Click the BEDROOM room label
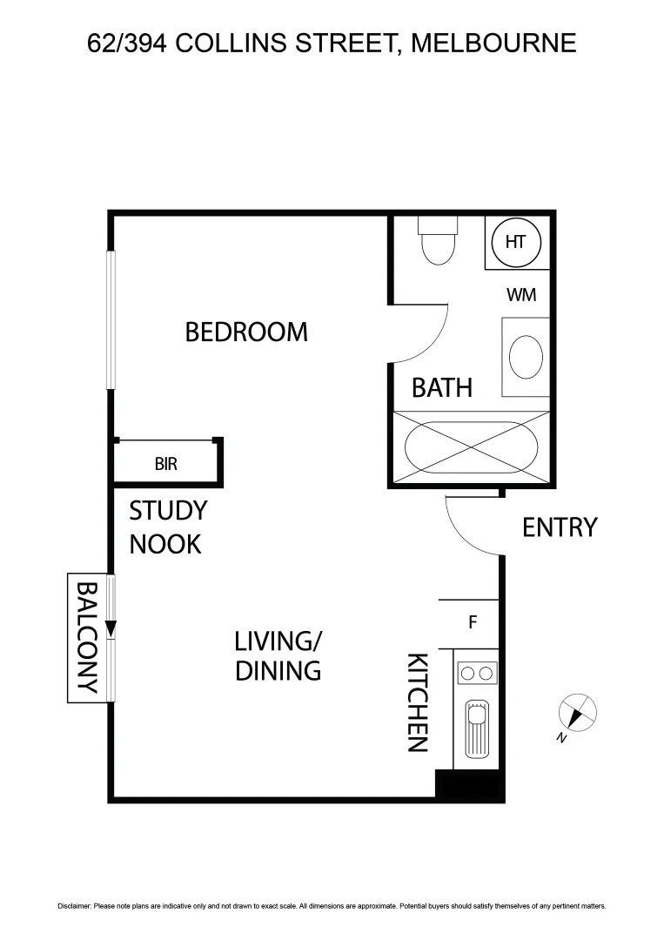246,332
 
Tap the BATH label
442,387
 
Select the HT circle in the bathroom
516,242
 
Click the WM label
521,295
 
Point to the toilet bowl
437,247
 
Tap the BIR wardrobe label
165,464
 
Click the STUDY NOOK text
167,527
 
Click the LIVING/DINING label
278,656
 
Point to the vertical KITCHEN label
419,702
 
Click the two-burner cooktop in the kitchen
476,673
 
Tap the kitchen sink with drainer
476,728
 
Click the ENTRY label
560,527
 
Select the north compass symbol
578,714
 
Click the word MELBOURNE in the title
493,42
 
